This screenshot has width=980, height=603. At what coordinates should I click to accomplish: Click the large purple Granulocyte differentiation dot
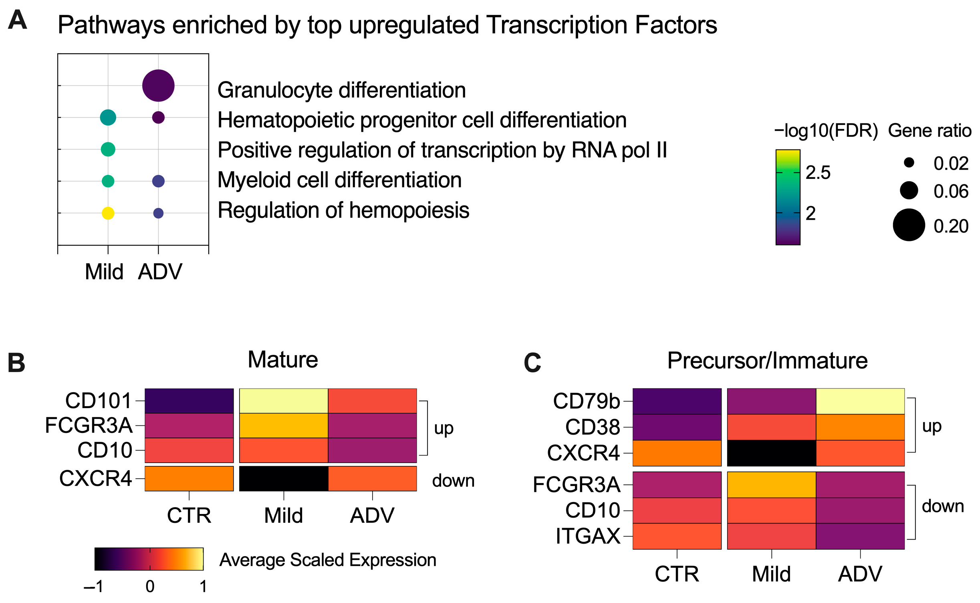tap(158, 85)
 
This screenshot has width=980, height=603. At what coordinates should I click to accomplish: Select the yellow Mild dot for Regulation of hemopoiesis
tap(108, 213)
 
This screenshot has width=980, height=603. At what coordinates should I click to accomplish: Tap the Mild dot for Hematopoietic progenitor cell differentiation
tap(108, 117)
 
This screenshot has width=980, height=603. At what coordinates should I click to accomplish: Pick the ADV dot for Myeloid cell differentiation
tap(158, 181)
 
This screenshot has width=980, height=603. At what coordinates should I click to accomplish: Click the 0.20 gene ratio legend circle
tap(908, 225)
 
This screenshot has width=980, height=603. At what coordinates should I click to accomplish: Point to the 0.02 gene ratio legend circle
tap(909, 162)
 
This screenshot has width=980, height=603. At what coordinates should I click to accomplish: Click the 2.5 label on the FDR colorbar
tap(818, 172)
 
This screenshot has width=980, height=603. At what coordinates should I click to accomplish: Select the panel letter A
tap(17, 20)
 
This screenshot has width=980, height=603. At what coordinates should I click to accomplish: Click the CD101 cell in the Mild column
tap(283, 401)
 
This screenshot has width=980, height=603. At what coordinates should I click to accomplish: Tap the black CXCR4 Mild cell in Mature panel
tap(283, 478)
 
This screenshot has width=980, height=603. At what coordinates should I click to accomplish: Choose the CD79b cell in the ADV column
tap(860, 401)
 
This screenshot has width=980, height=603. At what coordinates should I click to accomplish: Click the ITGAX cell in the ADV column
tap(860, 536)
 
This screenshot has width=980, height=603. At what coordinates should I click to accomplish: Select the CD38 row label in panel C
tap(592, 427)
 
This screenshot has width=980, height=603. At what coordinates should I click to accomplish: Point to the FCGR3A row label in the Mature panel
tap(89, 425)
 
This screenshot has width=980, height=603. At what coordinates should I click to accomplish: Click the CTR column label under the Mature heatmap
tap(189, 515)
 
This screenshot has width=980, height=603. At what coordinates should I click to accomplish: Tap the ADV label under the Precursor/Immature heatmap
tap(860, 574)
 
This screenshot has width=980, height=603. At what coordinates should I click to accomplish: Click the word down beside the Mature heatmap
tap(453, 480)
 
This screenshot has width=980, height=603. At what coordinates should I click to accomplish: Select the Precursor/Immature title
tap(767, 360)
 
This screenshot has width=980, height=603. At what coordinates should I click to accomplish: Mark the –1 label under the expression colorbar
tap(94, 587)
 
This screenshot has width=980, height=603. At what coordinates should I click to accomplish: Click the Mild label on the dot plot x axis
tap(104, 272)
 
